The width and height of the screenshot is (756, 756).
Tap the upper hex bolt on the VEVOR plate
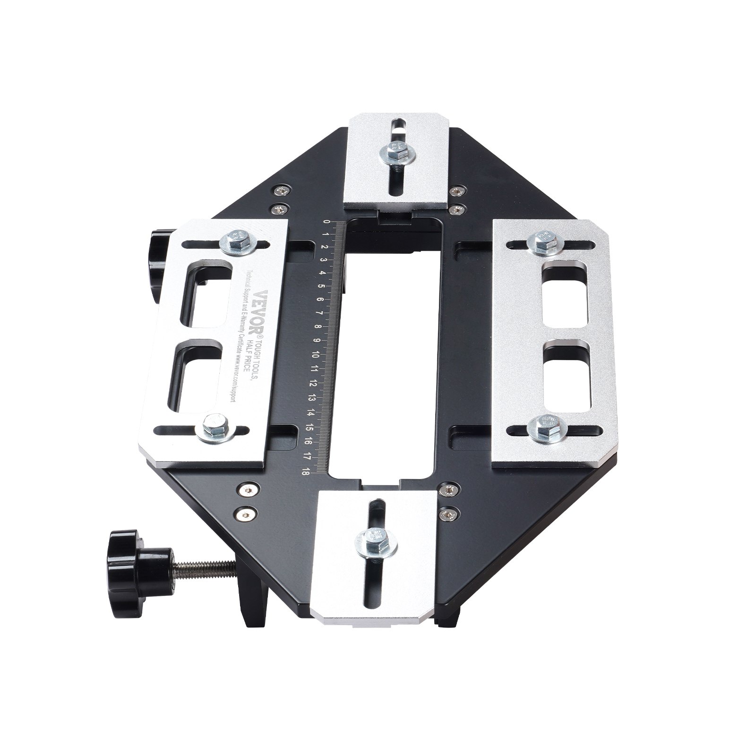point(238,240)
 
